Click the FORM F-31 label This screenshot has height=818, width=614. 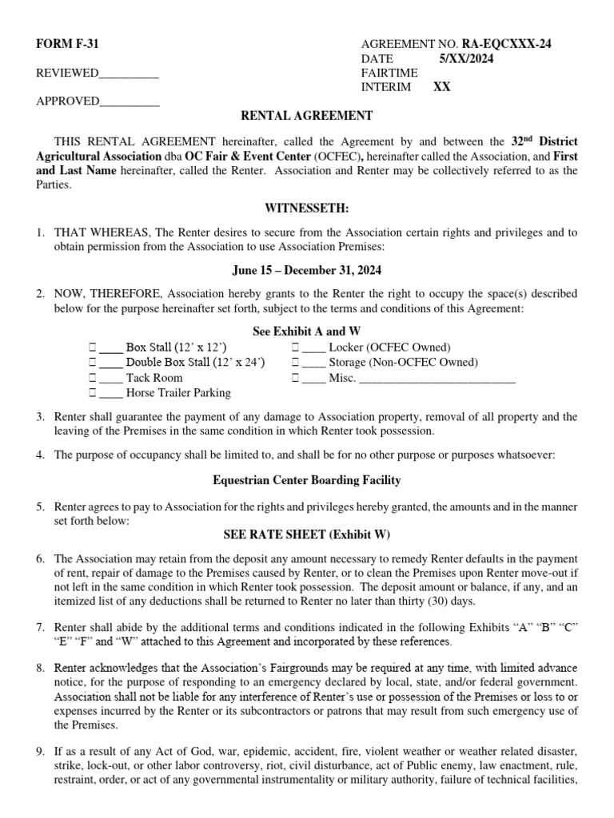(67, 45)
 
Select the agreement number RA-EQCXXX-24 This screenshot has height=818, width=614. (506, 45)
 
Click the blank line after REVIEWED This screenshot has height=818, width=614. (129, 74)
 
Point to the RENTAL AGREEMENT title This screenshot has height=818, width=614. (307, 116)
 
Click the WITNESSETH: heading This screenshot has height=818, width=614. (307, 208)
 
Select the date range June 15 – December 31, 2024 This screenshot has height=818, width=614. (307, 271)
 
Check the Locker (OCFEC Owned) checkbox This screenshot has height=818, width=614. (296, 347)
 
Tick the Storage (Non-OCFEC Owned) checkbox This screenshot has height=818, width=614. (296, 363)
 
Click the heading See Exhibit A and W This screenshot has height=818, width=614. (307, 332)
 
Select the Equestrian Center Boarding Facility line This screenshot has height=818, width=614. (307, 480)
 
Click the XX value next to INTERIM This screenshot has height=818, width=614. (441, 88)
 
